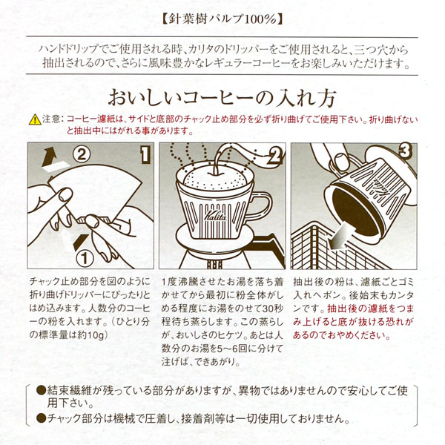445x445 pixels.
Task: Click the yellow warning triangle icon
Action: click(x=35, y=119)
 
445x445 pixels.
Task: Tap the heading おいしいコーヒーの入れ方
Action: click(x=222, y=98)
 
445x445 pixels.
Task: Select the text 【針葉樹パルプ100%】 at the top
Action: click(x=222, y=19)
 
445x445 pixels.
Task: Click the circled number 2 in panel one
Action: click(x=82, y=155)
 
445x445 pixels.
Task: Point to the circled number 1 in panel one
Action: click(x=85, y=258)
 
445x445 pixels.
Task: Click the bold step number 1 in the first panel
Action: click(x=145, y=155)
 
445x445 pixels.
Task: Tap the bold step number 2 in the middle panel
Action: click(x=275, y=156)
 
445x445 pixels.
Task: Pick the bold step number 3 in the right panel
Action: click(x=405, y=151)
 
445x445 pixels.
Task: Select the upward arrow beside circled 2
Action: click(x=49, y=158)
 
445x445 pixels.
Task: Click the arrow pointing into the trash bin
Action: click(x=340, y=236)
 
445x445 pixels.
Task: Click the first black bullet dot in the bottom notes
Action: click(x=41, y=390)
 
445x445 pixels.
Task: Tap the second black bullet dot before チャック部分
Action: click(x=41, y=418)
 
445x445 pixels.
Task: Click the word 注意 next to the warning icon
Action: click(x=52, y=119)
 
